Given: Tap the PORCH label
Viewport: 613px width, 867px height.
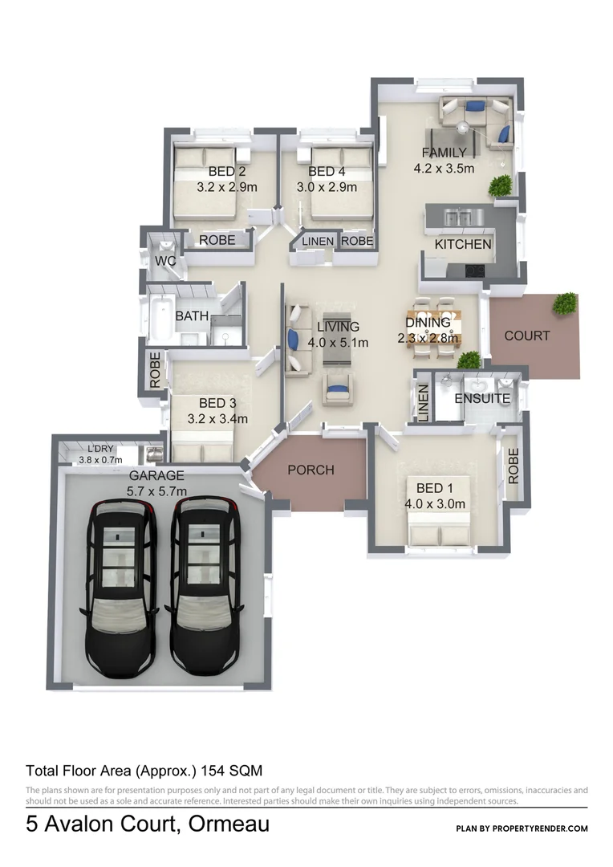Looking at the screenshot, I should pyautogui.click(x=311, y=470).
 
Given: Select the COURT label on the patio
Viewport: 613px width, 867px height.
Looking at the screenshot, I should pyautogui.click(x=527, y=336).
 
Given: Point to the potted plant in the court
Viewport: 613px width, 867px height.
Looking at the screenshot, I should pyautogui.click(x=565, y=303).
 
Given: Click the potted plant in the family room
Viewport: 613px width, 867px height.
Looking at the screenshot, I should pyautogui.click(x=501, y=185).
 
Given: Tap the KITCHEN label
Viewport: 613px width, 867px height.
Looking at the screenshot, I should pyautogui.click(x=463, y=244).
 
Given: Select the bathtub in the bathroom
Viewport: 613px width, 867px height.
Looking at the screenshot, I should pyautogui.click(x=160, y=317).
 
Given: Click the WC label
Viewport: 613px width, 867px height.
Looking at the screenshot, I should pyautogui.click(x=165, y=262).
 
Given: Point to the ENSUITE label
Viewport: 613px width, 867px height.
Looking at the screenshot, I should pyautogui.click(x=482, y=398).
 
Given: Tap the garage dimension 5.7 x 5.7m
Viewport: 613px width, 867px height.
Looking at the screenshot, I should pyautogui.click(x=157, y=491).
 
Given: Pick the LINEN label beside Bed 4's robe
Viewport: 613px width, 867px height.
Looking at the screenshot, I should pyautogui.click(x=318, y=240).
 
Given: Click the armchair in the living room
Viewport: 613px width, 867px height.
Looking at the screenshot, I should pyautogui.click(x=338, y=389).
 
